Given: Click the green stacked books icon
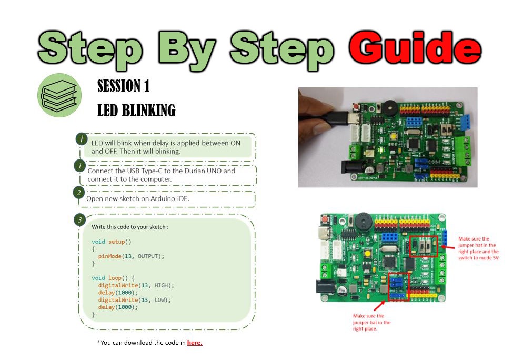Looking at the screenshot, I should (x=59, y=95).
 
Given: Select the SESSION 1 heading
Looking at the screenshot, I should (x=124, y=86).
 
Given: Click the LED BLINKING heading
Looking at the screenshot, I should (x=136, y=111).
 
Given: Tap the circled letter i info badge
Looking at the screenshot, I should (x=82, y=138).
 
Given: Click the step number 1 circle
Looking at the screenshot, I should (x=79, y=166).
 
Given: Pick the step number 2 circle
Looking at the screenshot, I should (x=78, y=193).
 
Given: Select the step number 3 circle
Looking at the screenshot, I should (x=79, y=219).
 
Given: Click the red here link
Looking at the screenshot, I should (x=195, y=343).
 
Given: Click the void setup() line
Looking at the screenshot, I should (x=111, y=242).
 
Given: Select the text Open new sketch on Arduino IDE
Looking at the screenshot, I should (x=137, y=199).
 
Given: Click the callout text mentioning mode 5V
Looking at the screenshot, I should (x=479, y=248).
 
